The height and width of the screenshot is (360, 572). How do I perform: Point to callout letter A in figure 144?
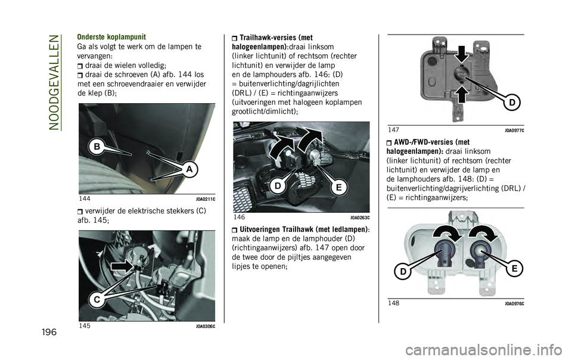pos(190,170)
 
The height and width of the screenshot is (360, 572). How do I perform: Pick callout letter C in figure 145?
pos(95,300)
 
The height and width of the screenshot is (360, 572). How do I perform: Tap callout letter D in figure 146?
pos(276,187)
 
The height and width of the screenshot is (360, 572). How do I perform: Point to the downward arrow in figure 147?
pos(461,55)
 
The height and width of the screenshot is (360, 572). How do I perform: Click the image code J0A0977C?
pos(514,129)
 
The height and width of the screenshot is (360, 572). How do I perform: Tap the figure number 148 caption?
pos(394,303)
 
